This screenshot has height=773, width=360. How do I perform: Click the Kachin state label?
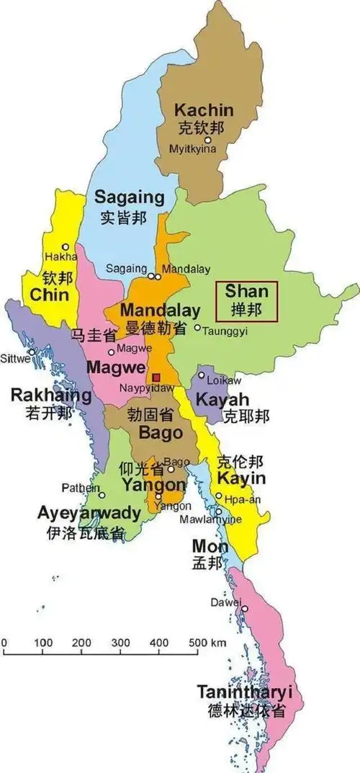pos(204,110)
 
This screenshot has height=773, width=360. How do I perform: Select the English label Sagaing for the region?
pos(130,197)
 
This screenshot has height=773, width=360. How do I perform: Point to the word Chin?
pos(49,295)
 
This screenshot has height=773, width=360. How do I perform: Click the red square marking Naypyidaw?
pos(156,377)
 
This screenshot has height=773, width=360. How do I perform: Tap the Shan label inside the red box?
pos(246,292)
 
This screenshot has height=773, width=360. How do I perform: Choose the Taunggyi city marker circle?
pos(198,328)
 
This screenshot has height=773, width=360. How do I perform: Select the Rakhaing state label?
pos(50,396)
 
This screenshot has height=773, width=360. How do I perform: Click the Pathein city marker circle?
pos(102,495)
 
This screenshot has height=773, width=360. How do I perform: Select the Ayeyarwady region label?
pos(89,514)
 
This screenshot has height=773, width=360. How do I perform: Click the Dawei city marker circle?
pos(245,609)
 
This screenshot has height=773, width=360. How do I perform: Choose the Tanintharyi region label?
pos(245,692)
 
